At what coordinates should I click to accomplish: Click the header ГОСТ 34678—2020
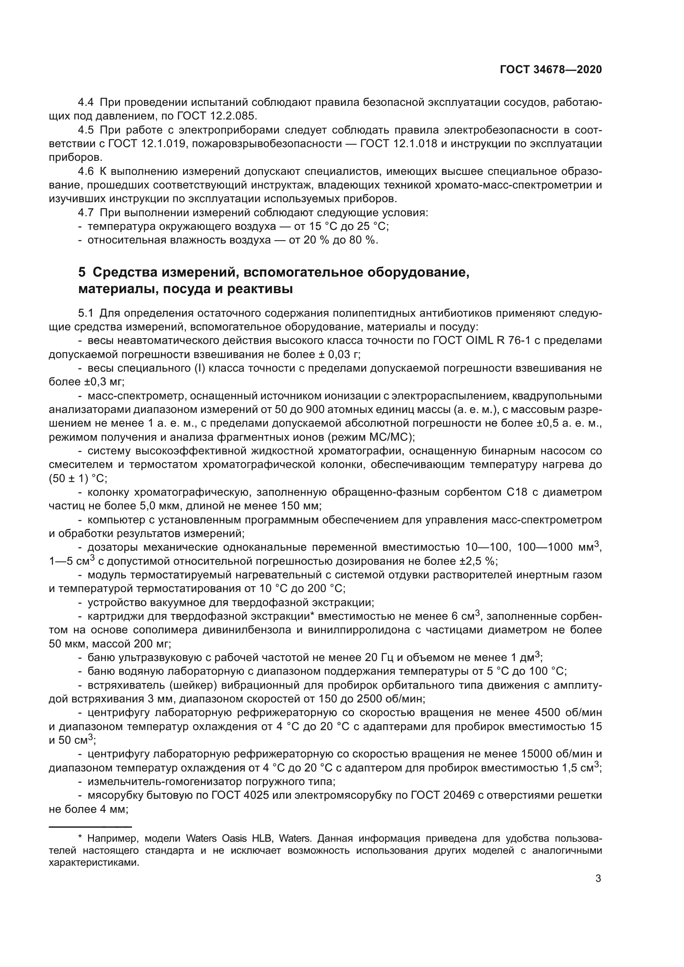pos(550,69)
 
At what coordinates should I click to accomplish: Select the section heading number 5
pos(82,272)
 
